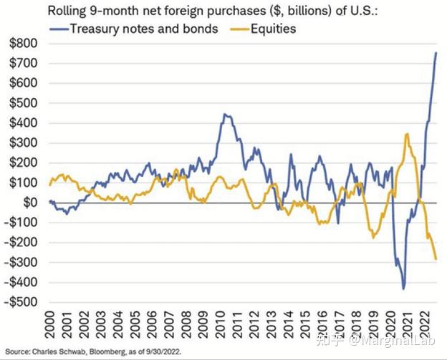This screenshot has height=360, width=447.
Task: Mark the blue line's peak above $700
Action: pos(437,53)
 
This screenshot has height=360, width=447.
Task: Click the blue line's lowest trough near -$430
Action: pos(403,288)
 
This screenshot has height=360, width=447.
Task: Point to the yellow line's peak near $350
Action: pos(407,134)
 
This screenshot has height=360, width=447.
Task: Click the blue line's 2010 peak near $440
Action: pos(224,115)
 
